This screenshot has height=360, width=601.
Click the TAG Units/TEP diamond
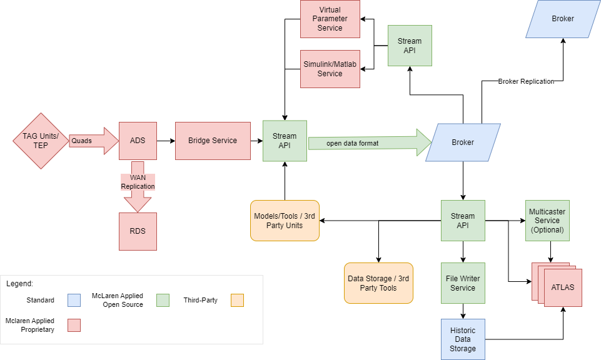tap(41, 141)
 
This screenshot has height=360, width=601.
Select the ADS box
tap(138, 141)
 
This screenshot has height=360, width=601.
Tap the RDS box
tap(138, 231)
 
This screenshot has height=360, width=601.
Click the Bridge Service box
tap(213, 141)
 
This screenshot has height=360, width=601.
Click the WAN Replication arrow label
tap(138, 182)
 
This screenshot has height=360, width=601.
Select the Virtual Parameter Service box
tap(330, 19)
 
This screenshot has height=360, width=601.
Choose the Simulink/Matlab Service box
tap(330, 69)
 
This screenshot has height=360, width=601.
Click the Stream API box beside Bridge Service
tap(285, 141)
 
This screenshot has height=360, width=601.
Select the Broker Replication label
tap(526, 81)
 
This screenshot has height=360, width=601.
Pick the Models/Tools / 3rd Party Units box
tap(285, 221)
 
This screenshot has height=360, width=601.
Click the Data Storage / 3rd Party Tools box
tap(378, 283)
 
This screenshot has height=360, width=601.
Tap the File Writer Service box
tap(463, 283)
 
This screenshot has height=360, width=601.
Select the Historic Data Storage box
tap(463, 339)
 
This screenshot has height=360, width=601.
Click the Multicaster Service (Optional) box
tap(547, 221)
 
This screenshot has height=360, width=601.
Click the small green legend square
tap(163, 300)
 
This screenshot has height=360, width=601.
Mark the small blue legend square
tap(74, 300)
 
